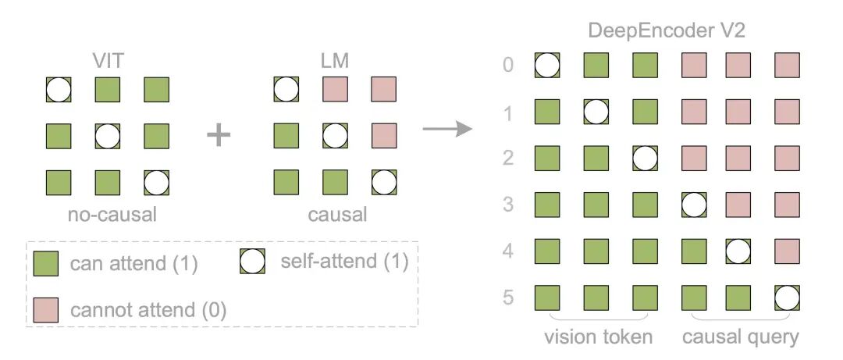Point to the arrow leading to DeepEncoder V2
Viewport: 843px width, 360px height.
447,127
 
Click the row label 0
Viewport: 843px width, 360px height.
508,64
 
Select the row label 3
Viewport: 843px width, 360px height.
508,205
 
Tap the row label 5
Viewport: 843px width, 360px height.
508,298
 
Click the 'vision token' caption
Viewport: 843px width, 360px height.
599,337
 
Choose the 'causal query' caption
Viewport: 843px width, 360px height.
740,337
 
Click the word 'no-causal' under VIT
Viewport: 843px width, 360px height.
108,214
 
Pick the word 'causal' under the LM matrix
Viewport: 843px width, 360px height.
336,214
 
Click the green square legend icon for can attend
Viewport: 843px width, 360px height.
47,263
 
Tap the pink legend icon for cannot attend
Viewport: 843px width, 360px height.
47,309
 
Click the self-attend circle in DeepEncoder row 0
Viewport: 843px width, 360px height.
548,65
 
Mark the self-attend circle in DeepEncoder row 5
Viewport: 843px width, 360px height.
788,298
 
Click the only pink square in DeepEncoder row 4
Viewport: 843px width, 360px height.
788,251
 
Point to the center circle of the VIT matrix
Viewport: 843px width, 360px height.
108,136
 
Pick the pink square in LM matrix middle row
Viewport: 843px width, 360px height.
383,136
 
